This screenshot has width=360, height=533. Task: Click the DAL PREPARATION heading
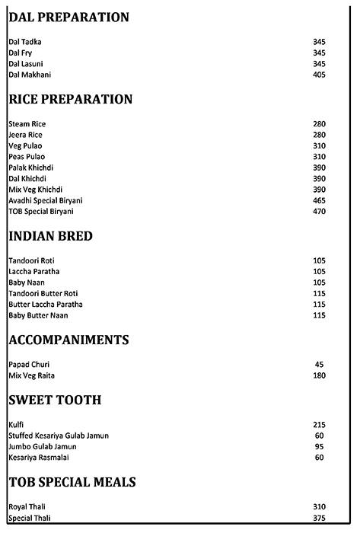click(x=68, y=17)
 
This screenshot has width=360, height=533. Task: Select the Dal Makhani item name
click(x=30, y=74)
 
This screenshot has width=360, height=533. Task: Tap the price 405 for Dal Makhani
click(x=319, y=74)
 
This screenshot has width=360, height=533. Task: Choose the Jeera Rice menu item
click(x=26, y=135)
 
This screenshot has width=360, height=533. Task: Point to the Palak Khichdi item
click(x=30, y=167)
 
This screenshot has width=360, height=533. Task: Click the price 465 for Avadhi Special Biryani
click(x=319, y=199)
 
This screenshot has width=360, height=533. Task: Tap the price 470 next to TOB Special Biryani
click(x=319, y=210)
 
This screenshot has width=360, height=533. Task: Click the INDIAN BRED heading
click(x=50, y=236)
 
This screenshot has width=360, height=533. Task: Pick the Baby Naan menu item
click(x=26, y=282)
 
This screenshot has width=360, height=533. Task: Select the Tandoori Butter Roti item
click(x=43, y=293)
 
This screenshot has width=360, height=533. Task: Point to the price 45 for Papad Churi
click(x=320, y=365)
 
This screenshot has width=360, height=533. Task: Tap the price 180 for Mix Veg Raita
click(x=319, y=375)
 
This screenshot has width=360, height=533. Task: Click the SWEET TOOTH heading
click(x=55, y=400)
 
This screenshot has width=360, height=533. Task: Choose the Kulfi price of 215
click(x=319, y=424)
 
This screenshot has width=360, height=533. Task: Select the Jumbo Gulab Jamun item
click(x=40, y=446)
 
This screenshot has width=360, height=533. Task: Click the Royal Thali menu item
click(x=28, y=507)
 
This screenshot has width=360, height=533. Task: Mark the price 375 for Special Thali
click(x=319, y=518)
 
